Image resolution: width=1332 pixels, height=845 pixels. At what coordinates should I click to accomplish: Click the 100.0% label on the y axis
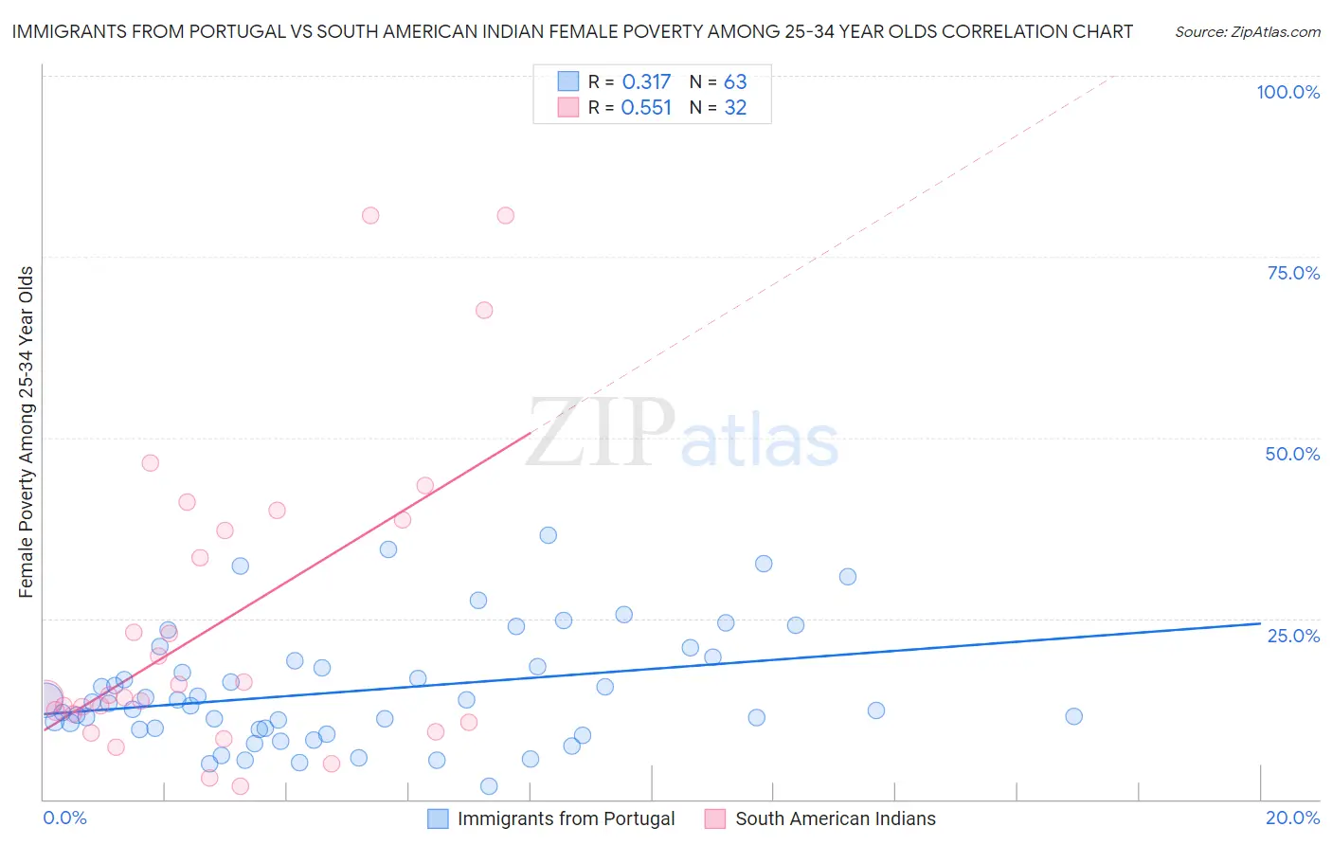1287,92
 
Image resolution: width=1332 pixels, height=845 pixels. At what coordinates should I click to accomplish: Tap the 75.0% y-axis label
1293,273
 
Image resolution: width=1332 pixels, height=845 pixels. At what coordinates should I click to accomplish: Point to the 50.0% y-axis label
1292,454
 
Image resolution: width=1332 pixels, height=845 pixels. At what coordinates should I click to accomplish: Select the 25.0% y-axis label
1293,636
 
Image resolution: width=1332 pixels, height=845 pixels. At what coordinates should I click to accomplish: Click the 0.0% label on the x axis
64,818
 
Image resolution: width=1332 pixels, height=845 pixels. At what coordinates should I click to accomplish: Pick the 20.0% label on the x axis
1292,818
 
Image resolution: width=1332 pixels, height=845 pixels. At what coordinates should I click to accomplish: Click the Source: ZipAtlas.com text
1248,32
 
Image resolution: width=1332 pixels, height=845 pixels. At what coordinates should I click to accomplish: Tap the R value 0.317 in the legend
646,82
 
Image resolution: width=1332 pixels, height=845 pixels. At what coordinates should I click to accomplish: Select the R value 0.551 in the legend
646,108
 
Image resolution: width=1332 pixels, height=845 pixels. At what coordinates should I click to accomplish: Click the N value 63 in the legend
735,82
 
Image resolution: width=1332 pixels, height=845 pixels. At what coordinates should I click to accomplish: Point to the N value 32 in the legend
735,108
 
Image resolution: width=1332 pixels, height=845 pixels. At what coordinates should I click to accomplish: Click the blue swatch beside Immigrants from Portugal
438,818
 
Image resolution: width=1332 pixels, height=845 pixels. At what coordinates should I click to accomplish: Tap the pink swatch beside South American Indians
715,818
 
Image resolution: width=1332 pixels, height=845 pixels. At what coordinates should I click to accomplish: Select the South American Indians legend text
835,818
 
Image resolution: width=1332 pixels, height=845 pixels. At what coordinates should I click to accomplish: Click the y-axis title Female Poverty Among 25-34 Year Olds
27,432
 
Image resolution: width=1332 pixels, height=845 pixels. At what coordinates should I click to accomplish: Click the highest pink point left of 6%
370,215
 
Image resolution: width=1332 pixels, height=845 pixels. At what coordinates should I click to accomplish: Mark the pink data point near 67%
484,310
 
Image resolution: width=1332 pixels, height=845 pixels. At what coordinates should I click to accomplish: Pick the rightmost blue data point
1073,716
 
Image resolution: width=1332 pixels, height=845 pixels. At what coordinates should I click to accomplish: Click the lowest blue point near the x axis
489,786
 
